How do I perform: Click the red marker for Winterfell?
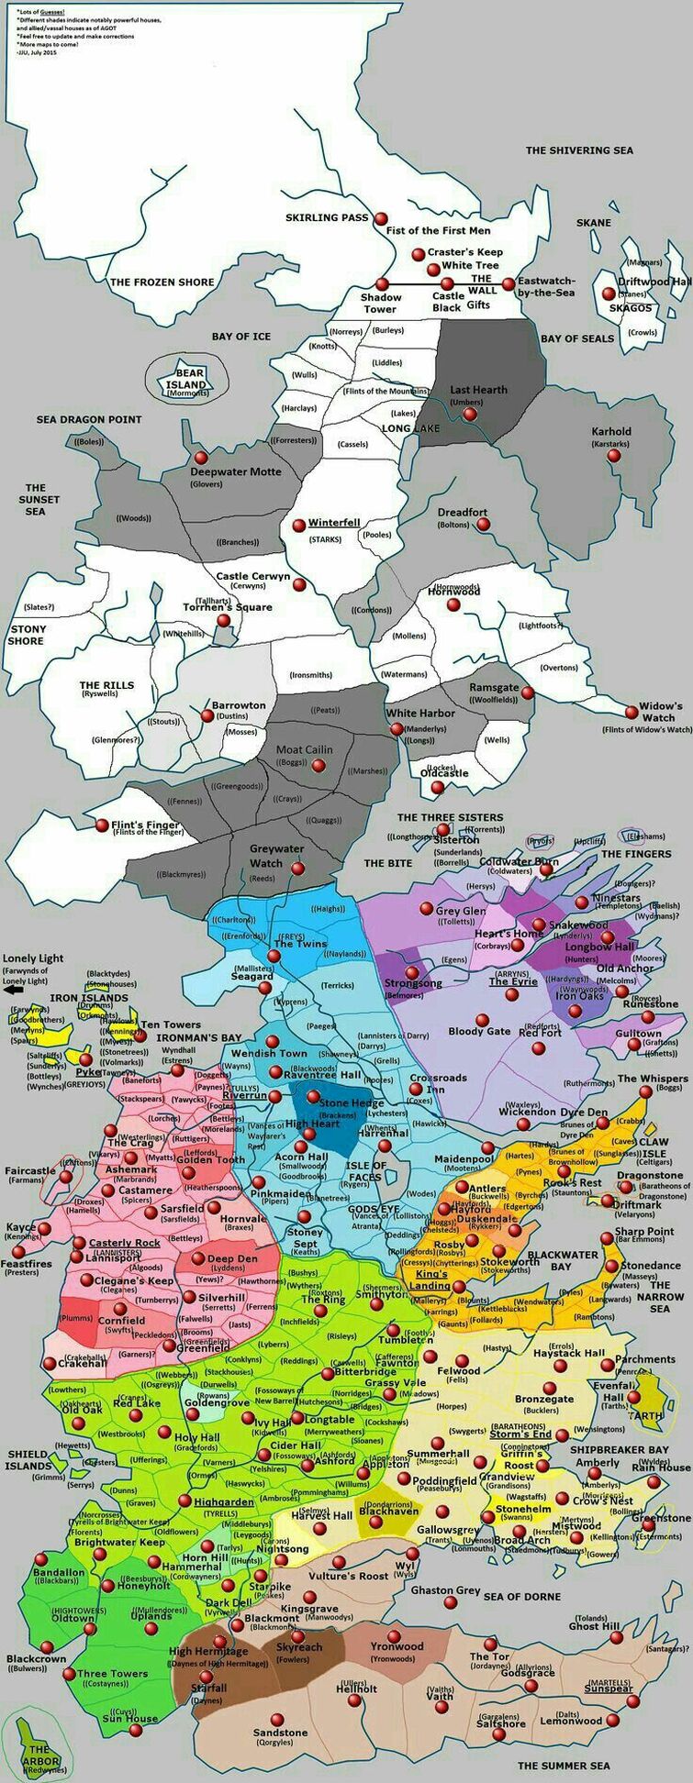[298, 525]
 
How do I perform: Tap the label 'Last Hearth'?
[478, 390]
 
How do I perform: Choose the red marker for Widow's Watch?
[631, 711]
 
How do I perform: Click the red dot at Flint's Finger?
[102, 825]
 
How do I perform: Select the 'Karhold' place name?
[611, 431]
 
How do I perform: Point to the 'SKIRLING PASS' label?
[327, 218]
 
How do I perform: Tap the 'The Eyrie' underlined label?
[512, 981]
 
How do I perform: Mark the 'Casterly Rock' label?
[124, 1243]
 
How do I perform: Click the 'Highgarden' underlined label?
[223, 1502]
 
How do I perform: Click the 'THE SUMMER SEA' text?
[564, 1766]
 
